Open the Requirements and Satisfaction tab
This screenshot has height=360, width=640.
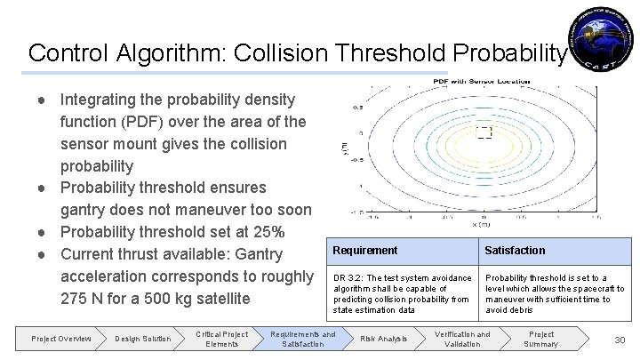pyautogui.click(x=304, y=339)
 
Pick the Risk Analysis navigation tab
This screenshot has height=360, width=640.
pyautogui.click(x=382, y=339)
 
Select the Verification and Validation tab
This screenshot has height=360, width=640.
pyautogui.click(x=461, y=339)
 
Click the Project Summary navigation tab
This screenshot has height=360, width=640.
pyautogui.click(x=541, y=339)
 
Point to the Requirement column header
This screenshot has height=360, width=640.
pyautogui.click(x=365, y=251)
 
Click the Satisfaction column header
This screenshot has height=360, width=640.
pyautogui.click(x=516, y=251)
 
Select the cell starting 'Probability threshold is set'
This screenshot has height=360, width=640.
pyautogui.click(x=554, y=293)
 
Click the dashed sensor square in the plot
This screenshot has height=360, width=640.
pyautogui.click(x=484, y=132)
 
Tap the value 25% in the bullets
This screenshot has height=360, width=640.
pyautogui.click(x=265, y=232)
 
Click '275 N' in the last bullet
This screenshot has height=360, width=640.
pyautogui.click(x=85, y=299)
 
